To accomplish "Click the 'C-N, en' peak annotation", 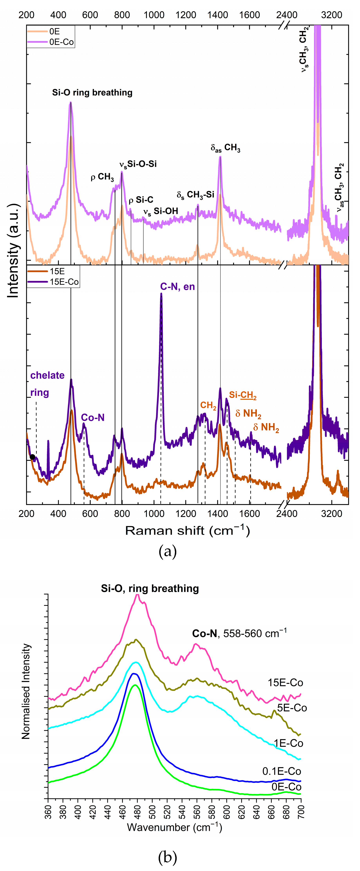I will coord(177,287).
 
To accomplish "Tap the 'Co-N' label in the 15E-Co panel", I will coord(93,418).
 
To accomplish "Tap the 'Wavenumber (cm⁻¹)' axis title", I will coord(175,827).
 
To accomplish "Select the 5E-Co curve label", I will coord(292,708).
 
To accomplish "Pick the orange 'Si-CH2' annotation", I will coord(243,395).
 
